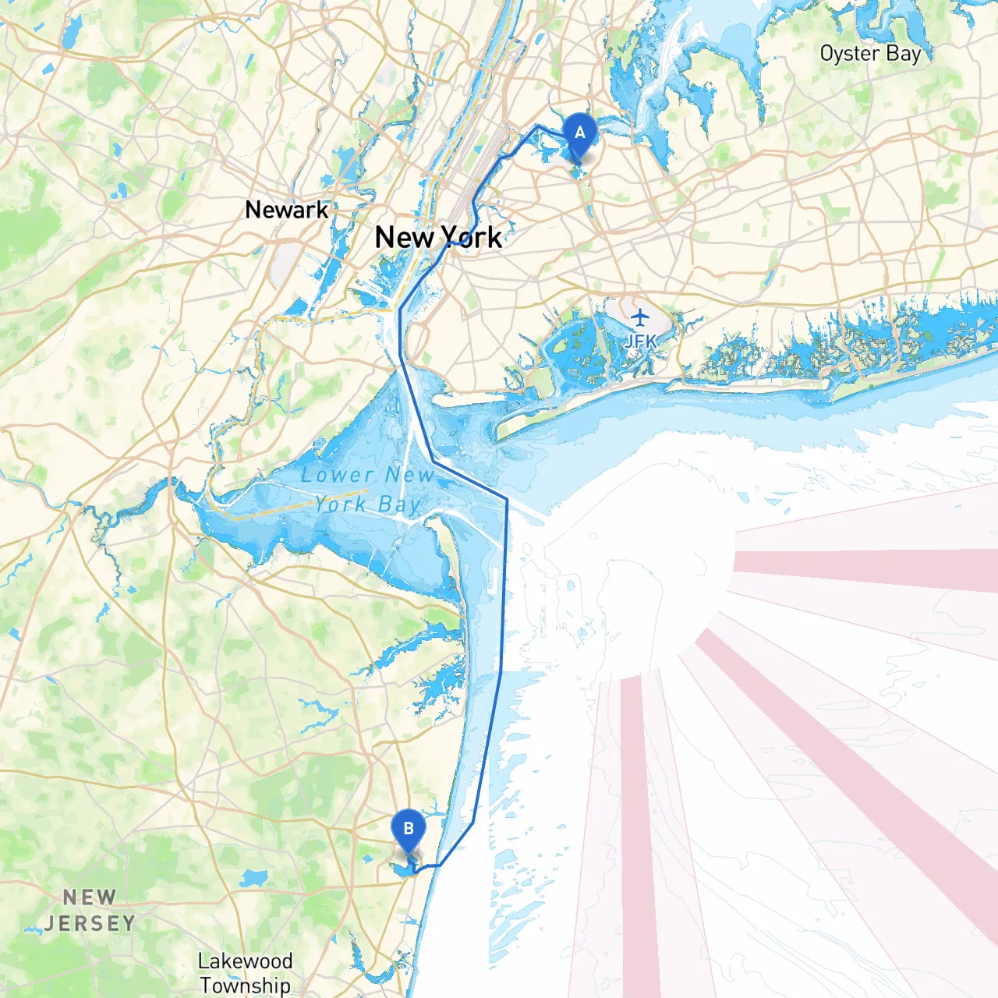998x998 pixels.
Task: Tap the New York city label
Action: coord(438,237)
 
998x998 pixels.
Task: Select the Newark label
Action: coord(286,210)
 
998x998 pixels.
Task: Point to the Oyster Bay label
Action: coord(870,54)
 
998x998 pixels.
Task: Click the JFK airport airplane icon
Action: coord(640,317)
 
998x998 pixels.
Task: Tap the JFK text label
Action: coord(640,342)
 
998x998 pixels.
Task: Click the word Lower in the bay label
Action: coord(337,475)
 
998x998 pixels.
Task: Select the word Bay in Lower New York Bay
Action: coord(399,505)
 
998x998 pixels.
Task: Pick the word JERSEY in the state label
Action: coord(90,924)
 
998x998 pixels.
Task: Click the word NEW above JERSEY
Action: coord(90,898)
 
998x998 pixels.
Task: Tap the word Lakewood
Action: coord(245,961)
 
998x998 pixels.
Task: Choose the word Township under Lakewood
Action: coord(245,985)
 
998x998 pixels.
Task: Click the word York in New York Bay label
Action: coord(340,504)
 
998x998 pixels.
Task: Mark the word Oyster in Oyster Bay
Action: coord(850,54)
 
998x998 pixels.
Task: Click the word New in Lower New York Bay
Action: coord(409,475)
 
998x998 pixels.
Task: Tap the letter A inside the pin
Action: coord(579,133)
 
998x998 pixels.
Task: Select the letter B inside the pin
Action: coord(408,829)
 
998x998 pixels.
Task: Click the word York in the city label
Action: coord(471,237)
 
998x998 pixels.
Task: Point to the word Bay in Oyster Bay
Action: coord(904,54)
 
